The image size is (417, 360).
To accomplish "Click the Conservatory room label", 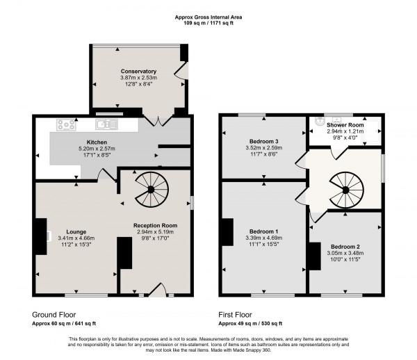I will pyautogui.click(x=138, y=72).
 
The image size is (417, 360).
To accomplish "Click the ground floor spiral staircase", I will pyautogui.click(x=148, y=190).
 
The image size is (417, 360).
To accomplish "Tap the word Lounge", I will pyautogui.click(x=76, y=231).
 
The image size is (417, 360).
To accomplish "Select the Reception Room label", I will pyautogui.click(x=156, y=226).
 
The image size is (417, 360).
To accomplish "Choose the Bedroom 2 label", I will pyautogui.click(x=345, y=247).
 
